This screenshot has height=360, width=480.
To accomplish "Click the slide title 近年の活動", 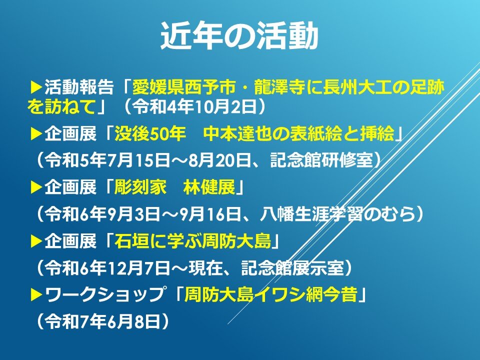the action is pyautogui.click(x=239, y=36).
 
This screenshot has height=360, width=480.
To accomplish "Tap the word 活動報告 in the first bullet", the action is pyautogui.click(x=79, y=87).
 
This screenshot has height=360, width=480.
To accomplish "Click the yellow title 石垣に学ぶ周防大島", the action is pyautogui.click(x=192, y=241).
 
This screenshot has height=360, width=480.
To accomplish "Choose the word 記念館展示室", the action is pyautogui.click(x=292, y=268).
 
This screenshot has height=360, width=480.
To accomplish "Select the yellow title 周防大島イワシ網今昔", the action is pyautogui.click(x=270, y=295).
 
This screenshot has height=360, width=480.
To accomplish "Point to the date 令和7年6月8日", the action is pyautogui.click(x=102, y=321).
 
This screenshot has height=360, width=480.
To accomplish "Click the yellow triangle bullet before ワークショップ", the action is pyautogui.click(x=36, y=295).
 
